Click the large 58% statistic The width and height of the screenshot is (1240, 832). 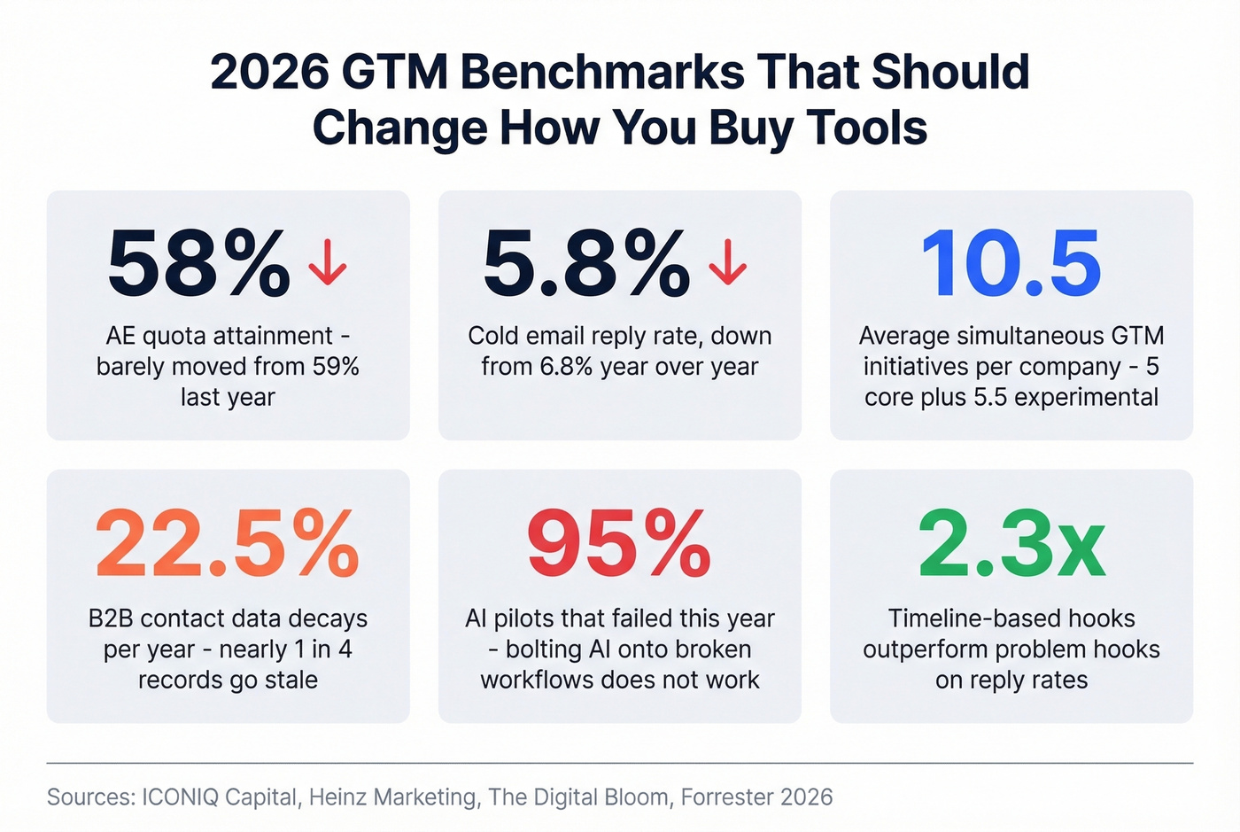[198, 264]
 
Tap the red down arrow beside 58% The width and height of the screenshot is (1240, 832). [328, 262]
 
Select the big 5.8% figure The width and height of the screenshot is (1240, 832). [585, 264]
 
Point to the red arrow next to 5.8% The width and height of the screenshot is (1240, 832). [728, 262]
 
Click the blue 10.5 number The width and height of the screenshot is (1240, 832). [1011, 264]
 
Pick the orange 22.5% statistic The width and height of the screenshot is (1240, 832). [228, 544]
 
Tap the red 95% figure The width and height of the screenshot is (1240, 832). [619, 544]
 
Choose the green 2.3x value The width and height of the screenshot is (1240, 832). [1011, 544]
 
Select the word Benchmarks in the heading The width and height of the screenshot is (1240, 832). [602, 73]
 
